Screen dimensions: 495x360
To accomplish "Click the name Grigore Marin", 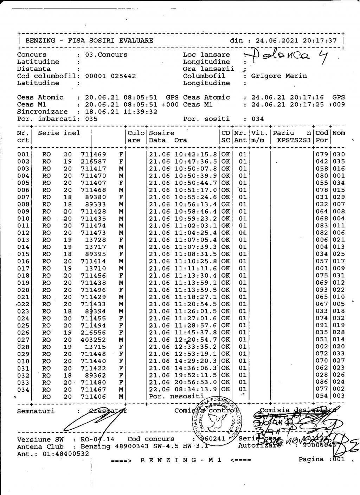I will [x=274, y=76].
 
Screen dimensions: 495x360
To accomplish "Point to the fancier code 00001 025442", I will [x=111, y=76].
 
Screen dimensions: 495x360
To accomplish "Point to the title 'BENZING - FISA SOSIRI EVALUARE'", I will [x=89, y=40].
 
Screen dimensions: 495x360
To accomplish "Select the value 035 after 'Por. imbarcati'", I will [x=91, y=119].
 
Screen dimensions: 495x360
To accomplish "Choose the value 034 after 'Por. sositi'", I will [x=258, y=119].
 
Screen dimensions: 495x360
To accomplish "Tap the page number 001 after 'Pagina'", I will [x=338, y=459].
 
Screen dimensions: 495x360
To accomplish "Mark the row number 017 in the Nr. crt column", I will [x=23, y=268].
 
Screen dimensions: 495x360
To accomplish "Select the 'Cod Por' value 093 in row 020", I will [x=322, y=290].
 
